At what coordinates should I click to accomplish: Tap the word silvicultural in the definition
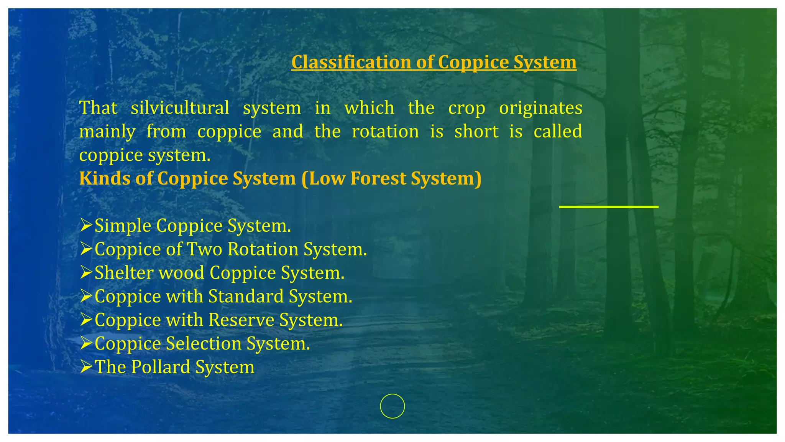tap(180, 108)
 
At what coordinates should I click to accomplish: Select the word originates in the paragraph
tap(540, 108)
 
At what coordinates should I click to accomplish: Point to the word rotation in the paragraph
tap(385, 132)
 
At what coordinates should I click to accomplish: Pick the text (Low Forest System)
tap(391, 178)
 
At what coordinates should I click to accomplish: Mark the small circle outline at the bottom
tap(392, 406)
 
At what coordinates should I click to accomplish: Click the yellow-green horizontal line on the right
tap(609, 207)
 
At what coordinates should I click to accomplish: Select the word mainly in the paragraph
tap(107, 132)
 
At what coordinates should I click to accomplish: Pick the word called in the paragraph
tap(558, 132)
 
